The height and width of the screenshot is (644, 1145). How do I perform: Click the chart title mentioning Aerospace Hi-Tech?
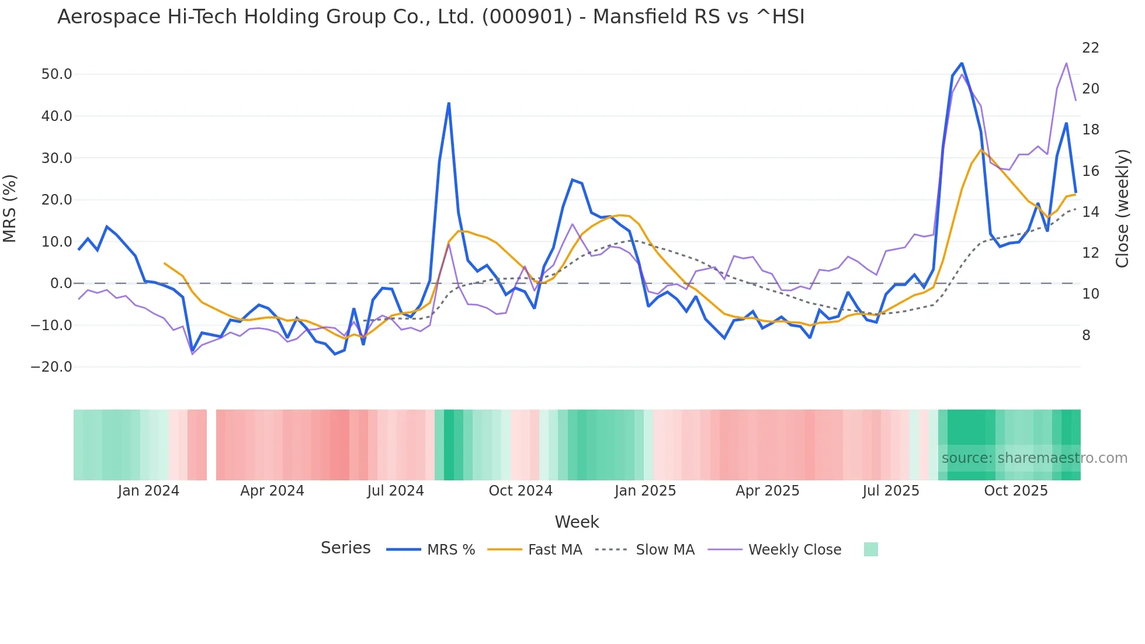431,17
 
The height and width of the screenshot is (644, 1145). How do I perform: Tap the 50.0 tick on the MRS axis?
57,74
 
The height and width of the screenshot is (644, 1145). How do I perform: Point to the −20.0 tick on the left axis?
51,367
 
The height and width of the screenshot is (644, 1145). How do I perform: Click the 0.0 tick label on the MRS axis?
61,283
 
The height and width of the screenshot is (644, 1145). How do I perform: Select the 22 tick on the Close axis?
1090,48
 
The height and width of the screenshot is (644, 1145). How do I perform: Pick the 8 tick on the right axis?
1086,335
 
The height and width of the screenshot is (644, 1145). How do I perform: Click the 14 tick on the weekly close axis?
1090,212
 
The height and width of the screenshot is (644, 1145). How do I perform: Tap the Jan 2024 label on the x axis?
148,491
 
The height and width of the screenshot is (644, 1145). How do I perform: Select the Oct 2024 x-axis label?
521,491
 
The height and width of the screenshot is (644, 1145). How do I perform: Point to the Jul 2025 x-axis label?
891,491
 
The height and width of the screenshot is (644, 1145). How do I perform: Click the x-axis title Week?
577,522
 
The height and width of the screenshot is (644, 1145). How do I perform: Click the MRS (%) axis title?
10,208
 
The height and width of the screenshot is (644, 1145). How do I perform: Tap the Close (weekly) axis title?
1122,209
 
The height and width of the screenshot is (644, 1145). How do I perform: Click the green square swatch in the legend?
870,549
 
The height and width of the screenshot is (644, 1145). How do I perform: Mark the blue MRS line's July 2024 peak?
449,103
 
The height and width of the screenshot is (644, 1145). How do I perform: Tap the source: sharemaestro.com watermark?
1034,458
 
